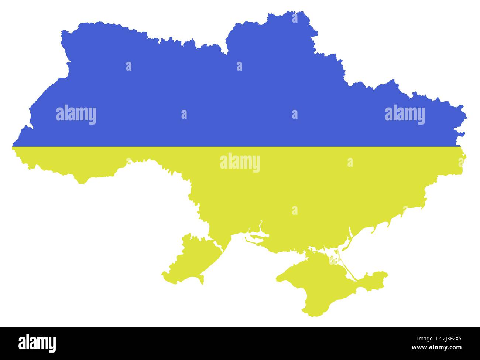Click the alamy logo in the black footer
tap(37, 343)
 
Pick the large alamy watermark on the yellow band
tap(240, 163)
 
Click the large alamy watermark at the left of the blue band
tap(76, 115)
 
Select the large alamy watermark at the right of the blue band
tap(405, 115)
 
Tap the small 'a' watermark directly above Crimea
tap(295, 210)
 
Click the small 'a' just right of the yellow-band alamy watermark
tap(350, 162)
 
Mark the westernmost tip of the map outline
tap(13, 147)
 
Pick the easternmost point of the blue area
tap(466, 118)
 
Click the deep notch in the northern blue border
tap(226, 52)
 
